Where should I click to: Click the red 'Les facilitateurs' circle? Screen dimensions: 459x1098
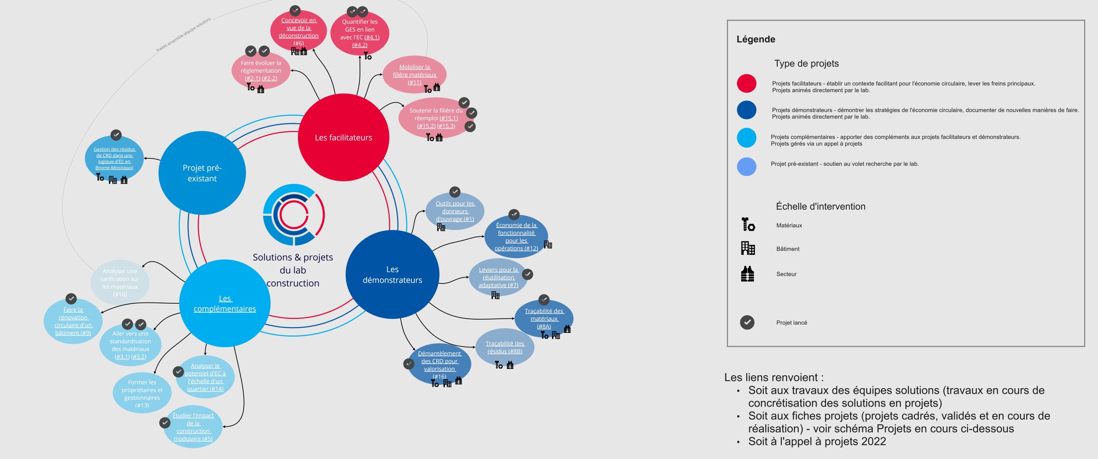[343, 137]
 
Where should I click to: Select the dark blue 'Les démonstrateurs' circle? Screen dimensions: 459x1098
[392, 275]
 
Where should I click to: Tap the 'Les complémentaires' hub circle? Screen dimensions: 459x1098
[225, 303]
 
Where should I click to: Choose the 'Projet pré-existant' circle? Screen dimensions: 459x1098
[202, 173]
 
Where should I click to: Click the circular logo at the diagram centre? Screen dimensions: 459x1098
[294, 215]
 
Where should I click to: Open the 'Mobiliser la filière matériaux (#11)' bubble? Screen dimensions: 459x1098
[414, 74]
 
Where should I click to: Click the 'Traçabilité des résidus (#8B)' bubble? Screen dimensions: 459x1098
[505, 347]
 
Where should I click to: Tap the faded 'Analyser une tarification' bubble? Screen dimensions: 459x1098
[120, 282]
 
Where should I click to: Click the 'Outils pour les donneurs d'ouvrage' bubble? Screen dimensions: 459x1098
[455, 211]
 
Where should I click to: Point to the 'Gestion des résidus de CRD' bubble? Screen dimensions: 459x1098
[114, 158]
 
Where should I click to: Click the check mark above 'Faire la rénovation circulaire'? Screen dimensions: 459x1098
[71, 299]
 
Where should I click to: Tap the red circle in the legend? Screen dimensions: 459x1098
[746, 84]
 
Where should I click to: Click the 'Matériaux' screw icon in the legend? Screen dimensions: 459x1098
[748, 224]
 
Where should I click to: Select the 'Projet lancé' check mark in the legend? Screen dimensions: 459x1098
[747, 322]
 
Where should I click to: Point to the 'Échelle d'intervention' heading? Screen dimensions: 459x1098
[820, 206]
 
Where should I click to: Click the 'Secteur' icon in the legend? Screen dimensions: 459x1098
[748, 274]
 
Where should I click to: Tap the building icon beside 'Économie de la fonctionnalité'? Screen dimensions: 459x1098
[548, 245]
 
